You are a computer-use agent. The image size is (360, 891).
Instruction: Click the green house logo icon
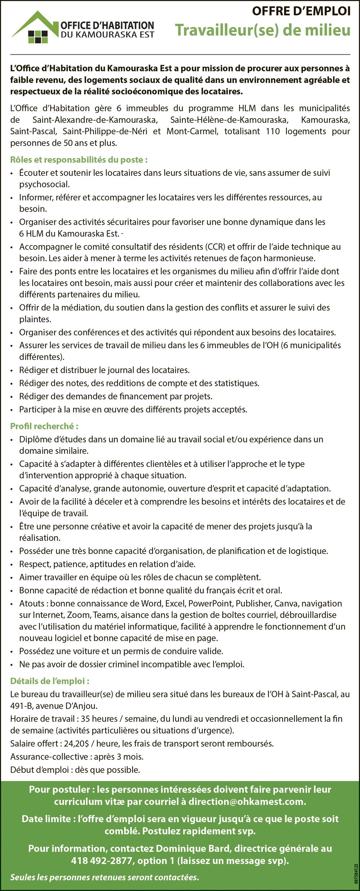pos(35,28)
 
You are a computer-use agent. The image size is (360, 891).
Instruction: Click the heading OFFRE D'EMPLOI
pos(301,12)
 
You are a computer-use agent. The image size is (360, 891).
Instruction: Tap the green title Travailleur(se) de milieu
pos(262,30)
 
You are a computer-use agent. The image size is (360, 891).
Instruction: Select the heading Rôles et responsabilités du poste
pos(79,160)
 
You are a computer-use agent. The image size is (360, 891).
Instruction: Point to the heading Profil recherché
pos(44,426)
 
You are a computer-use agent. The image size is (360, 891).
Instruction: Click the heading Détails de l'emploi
pos(50,681)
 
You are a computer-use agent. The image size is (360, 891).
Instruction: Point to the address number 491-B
pos(21,706)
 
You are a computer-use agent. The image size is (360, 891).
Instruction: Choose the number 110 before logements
pos(273,131)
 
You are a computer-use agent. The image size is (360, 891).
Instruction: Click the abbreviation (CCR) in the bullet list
pos(215,247)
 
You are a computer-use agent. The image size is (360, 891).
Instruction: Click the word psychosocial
pos(44,184)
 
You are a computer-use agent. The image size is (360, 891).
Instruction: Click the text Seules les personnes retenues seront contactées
pos(104,877)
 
